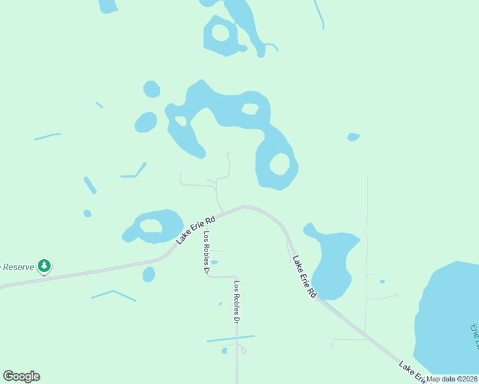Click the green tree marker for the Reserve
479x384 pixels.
point(44,265)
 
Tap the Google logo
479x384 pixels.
point(21,376)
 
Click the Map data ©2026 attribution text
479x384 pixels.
point(452,379)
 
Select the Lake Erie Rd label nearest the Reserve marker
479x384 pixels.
point(196,228)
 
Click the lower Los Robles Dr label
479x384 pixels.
point(237,301)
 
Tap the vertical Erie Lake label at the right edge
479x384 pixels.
point(474,336)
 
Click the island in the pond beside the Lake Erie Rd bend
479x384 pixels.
point(151,226)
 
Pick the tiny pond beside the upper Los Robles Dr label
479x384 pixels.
point(215,262)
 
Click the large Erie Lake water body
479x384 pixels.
point(448,320)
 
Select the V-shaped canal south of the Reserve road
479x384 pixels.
point(113,294)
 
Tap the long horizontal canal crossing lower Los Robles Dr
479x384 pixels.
point(231,339)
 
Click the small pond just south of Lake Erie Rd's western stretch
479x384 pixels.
point(149,275)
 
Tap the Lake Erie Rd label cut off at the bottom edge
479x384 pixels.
point(413,373)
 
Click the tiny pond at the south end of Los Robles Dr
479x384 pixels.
point(224,350)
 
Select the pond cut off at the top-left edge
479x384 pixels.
point(108,6)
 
